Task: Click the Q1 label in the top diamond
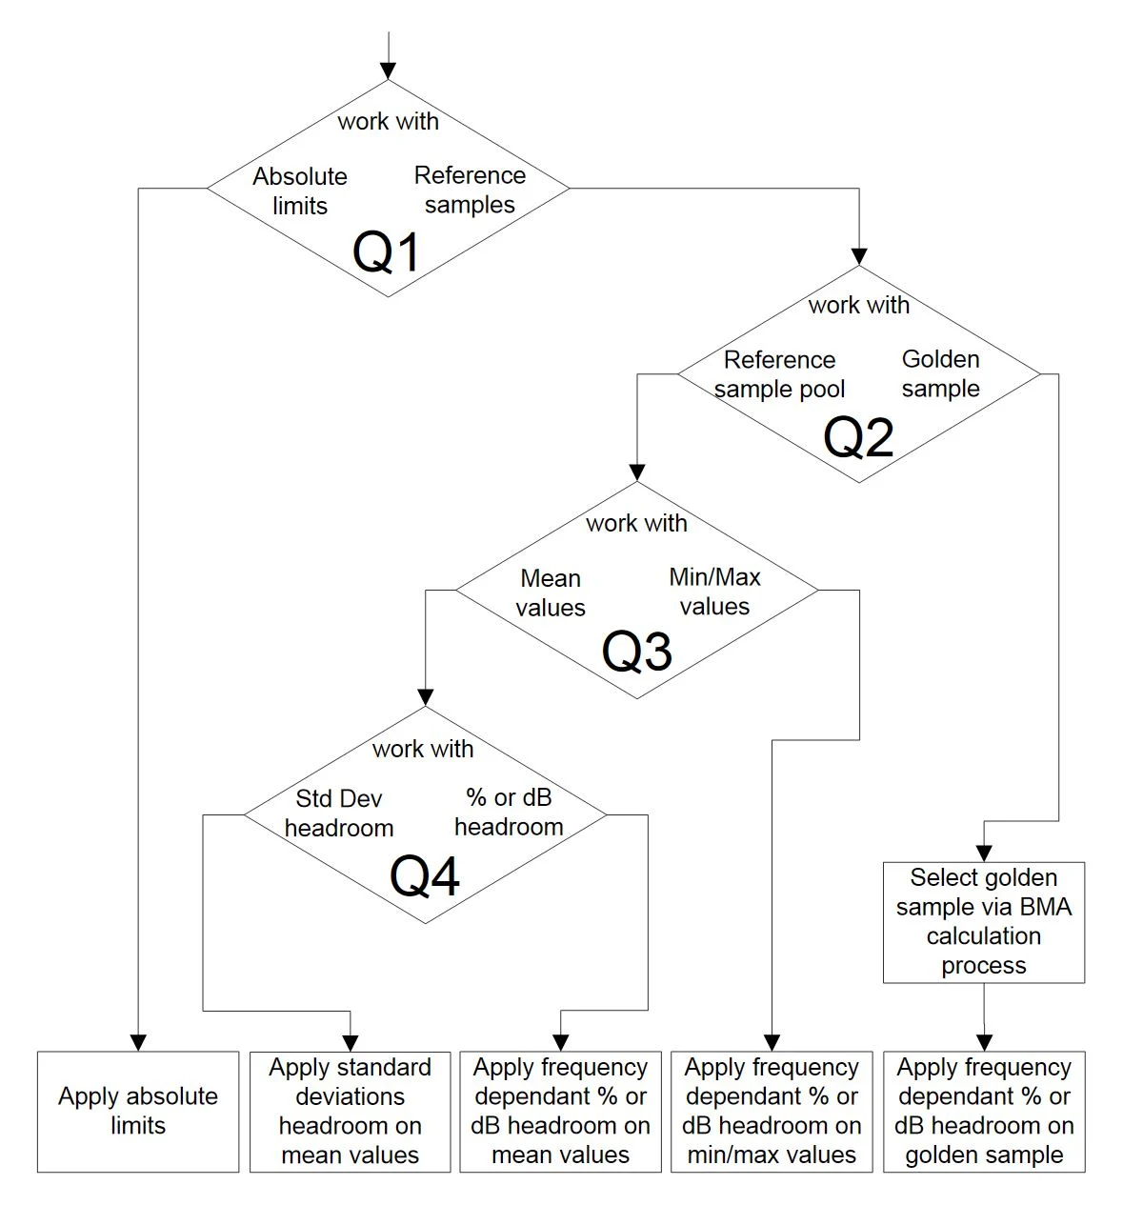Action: [387, 252]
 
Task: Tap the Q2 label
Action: [858, 437]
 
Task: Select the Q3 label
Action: [636, 652]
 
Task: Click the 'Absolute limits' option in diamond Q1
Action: [300, 191]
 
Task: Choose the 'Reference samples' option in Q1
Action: [470, 190]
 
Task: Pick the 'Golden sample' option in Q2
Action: [940, 373]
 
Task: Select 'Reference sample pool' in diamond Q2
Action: [779, 374]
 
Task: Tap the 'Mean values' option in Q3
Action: [551, 592]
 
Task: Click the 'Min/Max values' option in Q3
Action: [714, 592]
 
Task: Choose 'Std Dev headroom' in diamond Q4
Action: [339, 813]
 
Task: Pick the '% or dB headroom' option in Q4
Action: [509, 812]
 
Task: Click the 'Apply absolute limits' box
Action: [138, 1111]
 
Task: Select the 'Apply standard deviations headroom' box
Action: [350, 1111]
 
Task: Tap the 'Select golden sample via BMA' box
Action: [983, 921]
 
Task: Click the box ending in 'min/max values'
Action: [772, 1111]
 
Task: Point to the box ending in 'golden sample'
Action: [984, 1111]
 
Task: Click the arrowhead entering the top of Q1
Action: [387, 71]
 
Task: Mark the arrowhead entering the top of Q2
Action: [859, 256]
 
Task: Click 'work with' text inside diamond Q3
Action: [636, 523]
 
